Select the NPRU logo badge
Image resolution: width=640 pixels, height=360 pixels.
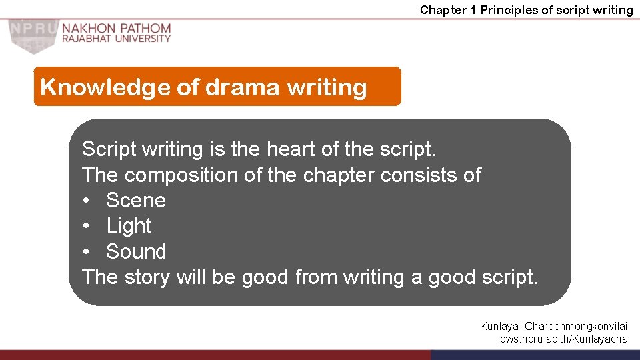click(x=31, y=35)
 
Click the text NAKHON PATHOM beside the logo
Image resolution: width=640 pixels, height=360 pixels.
click(x=117, y=29)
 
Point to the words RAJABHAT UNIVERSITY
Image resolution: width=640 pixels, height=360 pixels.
click(x=117, y=39)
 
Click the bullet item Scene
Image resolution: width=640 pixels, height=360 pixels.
click(x=135, y=200)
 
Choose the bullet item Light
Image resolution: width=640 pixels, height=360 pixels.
click(x=129, y=226)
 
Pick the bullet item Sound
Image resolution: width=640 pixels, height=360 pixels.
click(x=136, y=251)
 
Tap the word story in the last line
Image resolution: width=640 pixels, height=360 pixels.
click(x=146, y=277)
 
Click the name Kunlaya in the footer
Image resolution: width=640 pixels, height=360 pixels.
click(x=499, y=327)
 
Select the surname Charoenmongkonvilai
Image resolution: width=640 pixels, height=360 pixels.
click(x=576, y=327)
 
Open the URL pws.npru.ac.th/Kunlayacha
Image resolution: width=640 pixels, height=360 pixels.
click(x=563, y=339)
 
